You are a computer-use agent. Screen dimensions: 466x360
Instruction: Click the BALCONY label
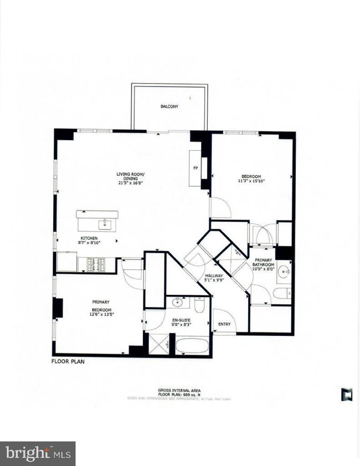169,106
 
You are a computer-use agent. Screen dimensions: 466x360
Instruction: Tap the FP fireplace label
196,167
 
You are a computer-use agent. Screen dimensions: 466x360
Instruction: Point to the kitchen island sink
104,223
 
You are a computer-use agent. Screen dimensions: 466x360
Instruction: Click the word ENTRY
224,324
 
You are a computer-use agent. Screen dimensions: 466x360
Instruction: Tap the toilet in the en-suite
200,305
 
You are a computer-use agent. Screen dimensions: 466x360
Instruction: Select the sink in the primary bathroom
284,272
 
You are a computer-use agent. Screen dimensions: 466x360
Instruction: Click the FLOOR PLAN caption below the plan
68,361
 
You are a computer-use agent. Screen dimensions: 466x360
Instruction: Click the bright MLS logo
38,454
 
